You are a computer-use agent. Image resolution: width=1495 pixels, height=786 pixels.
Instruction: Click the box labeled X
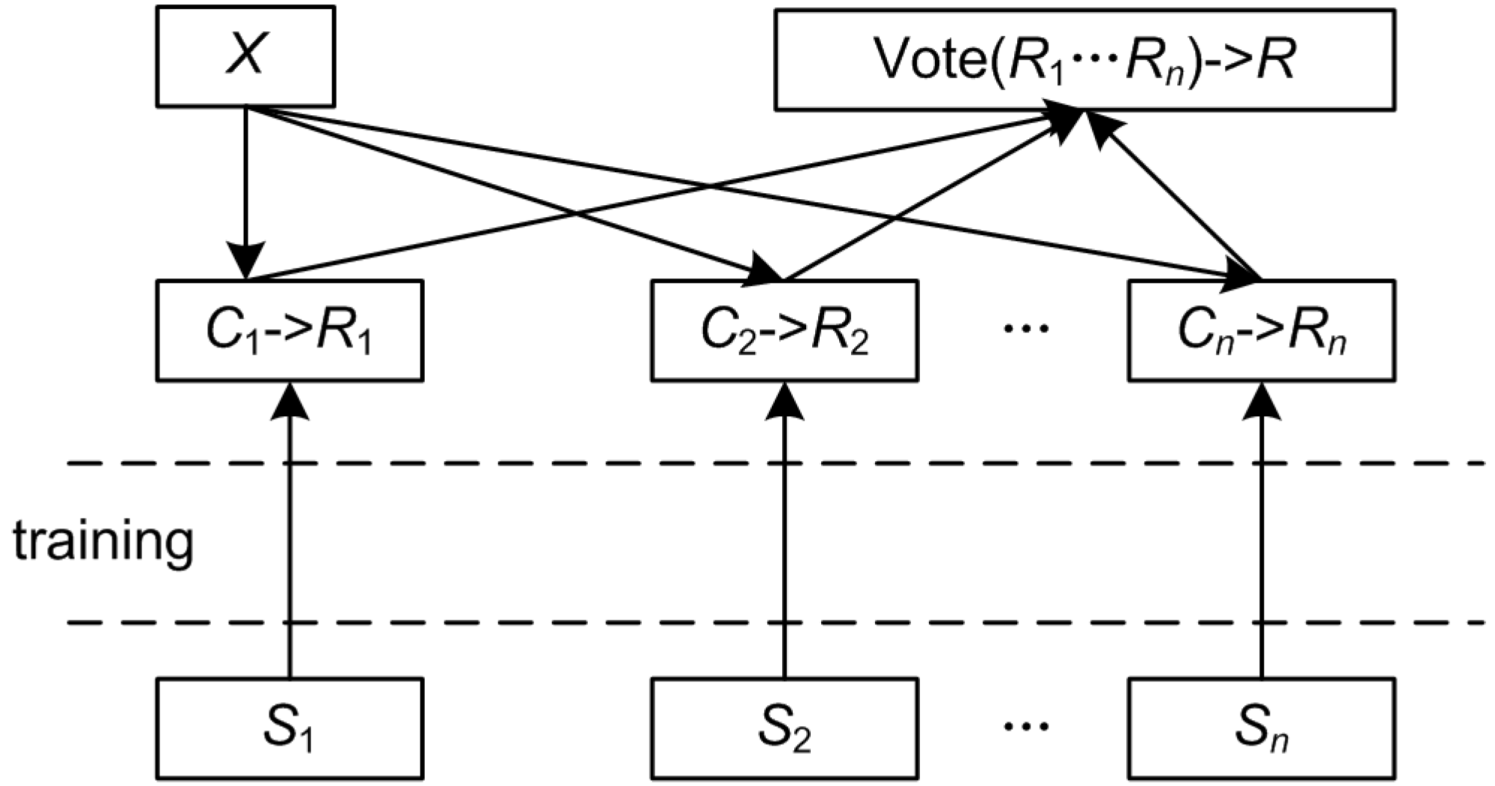(245, 56)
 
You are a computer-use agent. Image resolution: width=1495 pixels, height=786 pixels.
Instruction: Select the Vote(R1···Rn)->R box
(1084, 60)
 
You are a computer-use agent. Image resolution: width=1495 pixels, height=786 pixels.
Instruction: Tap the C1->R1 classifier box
(289, 330)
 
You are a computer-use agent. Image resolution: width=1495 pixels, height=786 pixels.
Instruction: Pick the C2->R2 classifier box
(785, 330)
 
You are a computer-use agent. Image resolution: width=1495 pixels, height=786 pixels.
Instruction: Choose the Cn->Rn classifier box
(1261, 330)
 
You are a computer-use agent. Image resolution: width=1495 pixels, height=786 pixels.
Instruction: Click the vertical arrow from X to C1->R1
(246, 187)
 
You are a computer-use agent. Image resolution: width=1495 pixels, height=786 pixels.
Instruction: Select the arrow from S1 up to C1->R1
(289, 539)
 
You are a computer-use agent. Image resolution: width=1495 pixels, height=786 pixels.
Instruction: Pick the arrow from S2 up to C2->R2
(785, 539)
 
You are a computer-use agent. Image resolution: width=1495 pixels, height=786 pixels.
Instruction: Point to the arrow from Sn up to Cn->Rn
(1261, 539)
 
